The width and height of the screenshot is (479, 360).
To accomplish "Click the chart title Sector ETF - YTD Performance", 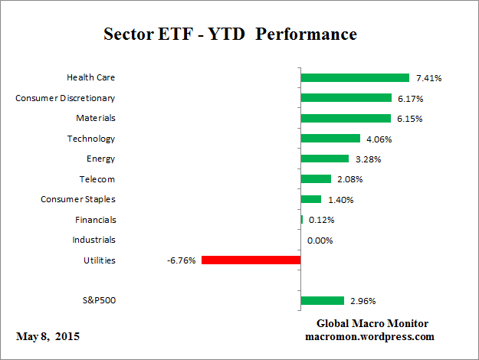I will click(x=230, y=35).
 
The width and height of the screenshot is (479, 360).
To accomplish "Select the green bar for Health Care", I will click(x=355, y=77).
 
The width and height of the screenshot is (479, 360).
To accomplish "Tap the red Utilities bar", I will click(x=251, y=260).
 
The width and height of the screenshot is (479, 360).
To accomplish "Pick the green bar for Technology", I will click(x=330, y=139).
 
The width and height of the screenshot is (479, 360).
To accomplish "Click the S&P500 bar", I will click(x=323, y=300).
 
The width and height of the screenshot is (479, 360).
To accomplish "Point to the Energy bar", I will click(x=325, y=159).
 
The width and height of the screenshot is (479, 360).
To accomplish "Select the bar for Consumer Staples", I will click(x=311, y=199).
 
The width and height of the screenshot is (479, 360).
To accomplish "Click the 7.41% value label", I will click(x=428, y=78).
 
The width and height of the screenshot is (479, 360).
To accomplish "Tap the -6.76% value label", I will click(x=181, y=260).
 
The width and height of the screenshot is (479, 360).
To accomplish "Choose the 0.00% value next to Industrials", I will click(x=320, y=241).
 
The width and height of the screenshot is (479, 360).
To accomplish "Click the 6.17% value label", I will click(x=410, y=98).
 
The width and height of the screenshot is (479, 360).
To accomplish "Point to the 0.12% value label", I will click(x=322, y=220).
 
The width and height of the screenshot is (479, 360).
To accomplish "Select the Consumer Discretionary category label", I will click(x=66, y=98).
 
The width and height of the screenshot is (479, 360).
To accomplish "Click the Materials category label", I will click(x=96, y=118).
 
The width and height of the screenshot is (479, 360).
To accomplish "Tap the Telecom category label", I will click(x=97, y=179).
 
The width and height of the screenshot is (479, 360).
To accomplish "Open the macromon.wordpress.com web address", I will click(x=370, y=337).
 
